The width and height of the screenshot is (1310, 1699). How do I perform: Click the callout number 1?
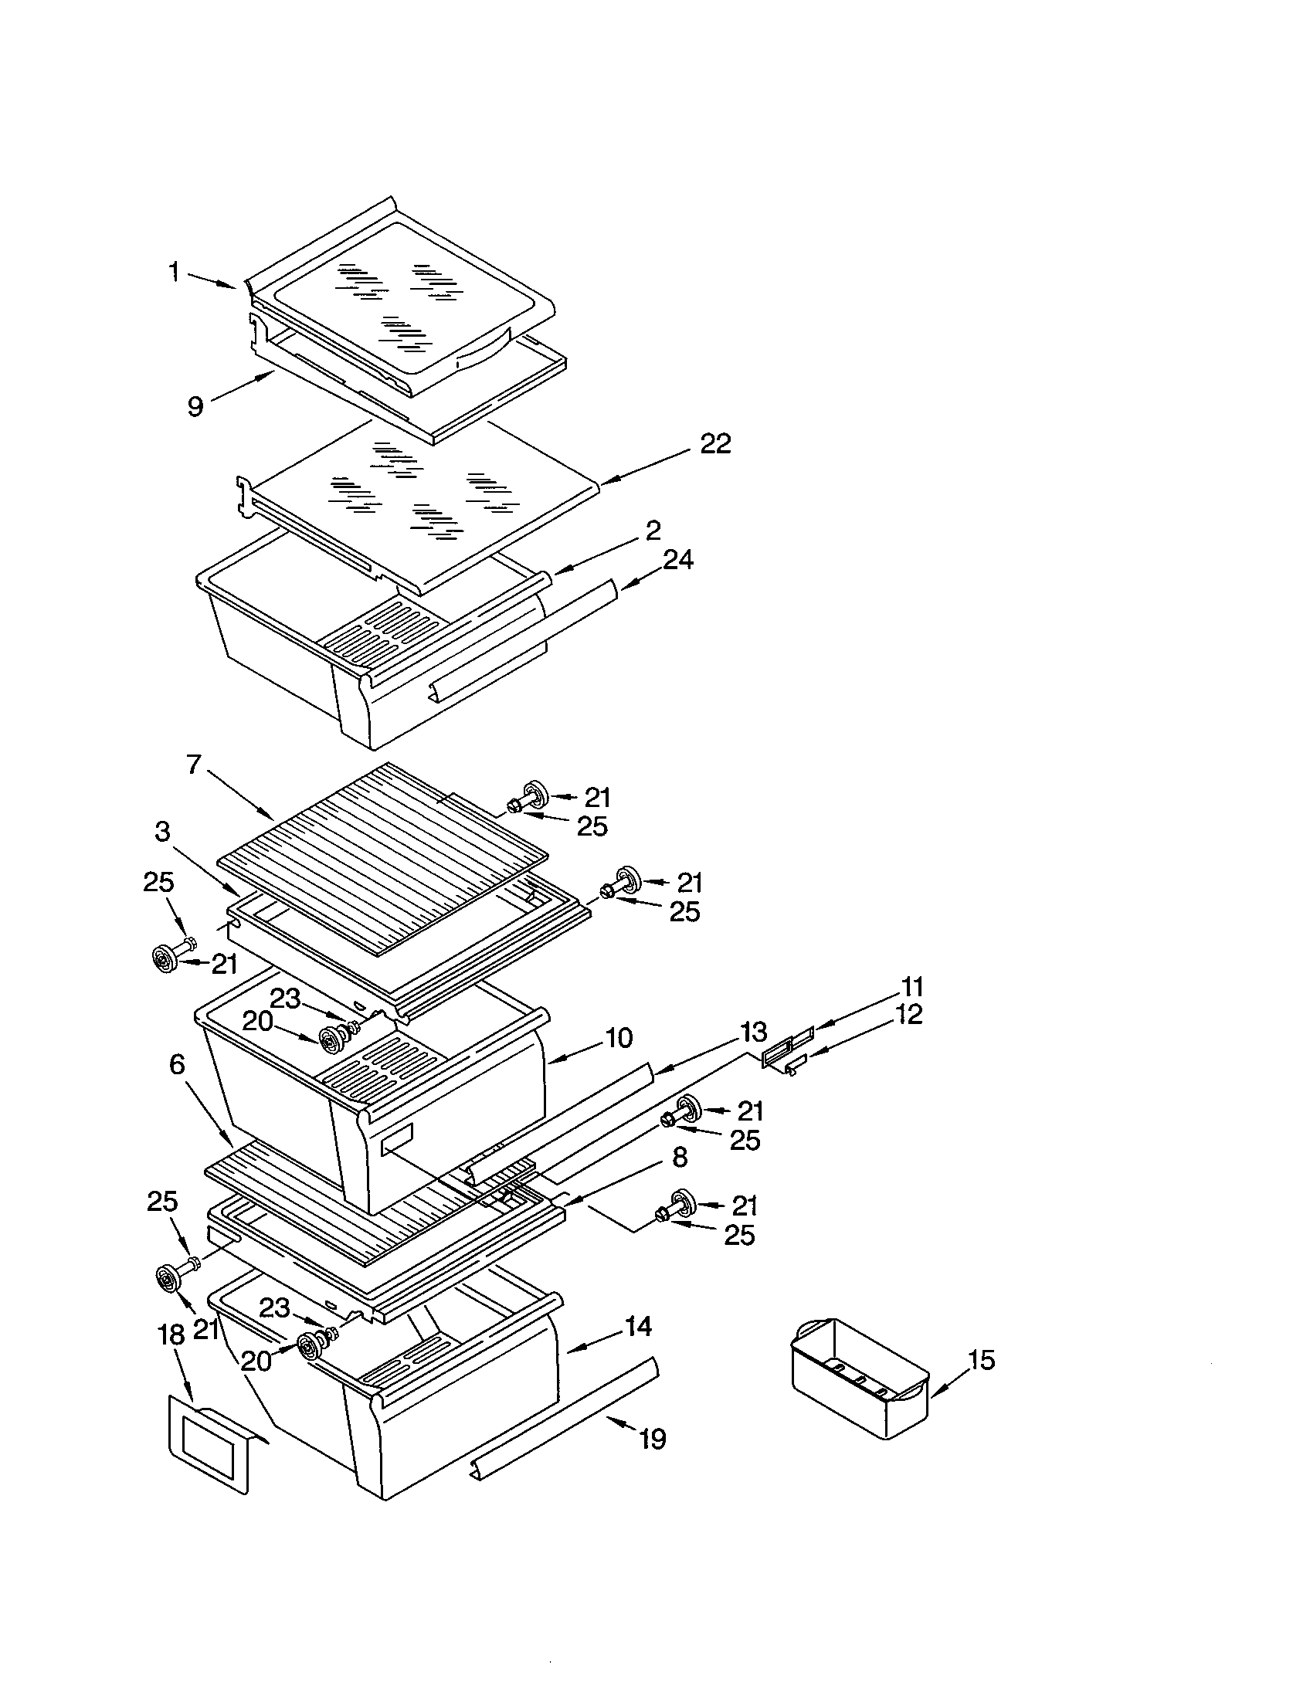point(175,273)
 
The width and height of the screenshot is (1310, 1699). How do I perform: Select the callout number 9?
point(196,406)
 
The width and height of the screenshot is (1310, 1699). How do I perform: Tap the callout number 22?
point(715,444)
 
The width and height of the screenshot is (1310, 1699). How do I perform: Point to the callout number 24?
point(677,559)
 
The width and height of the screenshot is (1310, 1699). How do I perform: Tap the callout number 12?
point(908,1015)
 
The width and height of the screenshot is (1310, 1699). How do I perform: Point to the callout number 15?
point(982,1361)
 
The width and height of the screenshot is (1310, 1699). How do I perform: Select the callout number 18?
point(171,1335)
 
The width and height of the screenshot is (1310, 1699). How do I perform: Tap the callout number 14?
point(638,1326)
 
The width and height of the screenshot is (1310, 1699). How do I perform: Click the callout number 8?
point(679,1158)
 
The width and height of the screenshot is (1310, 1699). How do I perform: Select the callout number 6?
point(178,1064)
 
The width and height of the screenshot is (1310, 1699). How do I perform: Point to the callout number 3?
point(161,832)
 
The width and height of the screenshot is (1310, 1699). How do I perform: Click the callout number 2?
point(653,531)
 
